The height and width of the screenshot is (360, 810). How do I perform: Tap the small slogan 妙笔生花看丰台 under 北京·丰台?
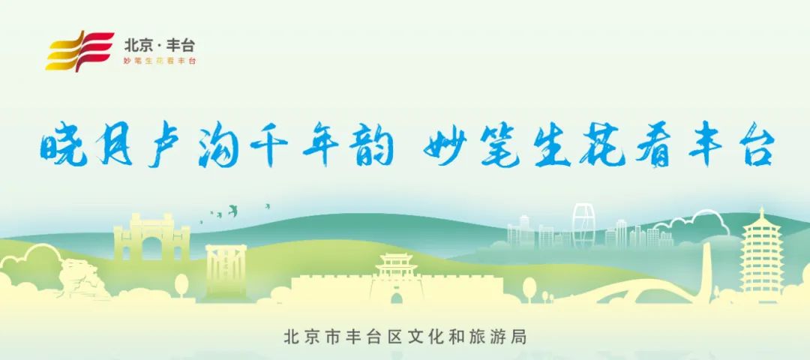coord(160,60)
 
